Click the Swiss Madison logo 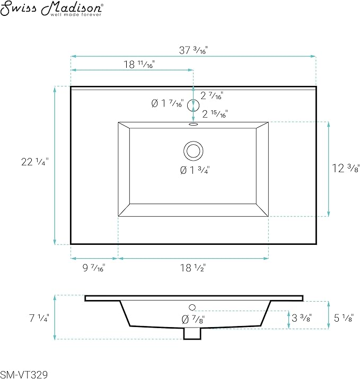pos(52,8)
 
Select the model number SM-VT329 pos(24,374)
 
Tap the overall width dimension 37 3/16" pos(193,50)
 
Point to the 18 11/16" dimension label pos(139,64)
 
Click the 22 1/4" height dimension pos(35,162)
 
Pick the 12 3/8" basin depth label pos(346,168)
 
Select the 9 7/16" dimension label pos(94,268)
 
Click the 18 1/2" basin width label pos(192,268)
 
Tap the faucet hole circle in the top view pos(193,105)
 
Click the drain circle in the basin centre pos(193,151)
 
